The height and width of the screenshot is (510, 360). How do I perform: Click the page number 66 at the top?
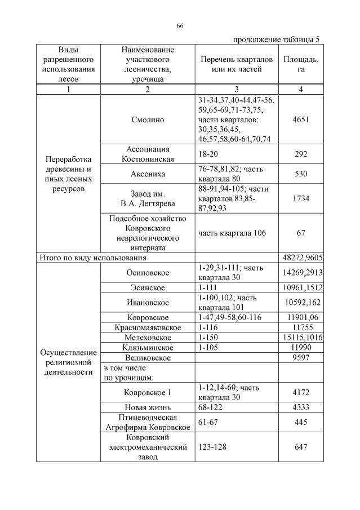pos(180,26)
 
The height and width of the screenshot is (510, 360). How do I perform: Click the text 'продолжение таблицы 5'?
pos(275,39)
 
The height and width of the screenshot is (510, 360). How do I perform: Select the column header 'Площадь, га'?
pos(301,64)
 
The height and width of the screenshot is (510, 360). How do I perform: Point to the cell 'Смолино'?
pos(148,119)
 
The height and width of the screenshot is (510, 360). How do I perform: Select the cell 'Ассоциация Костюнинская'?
pos(148,154)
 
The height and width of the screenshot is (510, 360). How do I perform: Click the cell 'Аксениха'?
pos(148,174)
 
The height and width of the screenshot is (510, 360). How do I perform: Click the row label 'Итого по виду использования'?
pos(92,258)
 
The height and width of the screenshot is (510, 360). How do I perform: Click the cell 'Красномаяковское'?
pos(148,327)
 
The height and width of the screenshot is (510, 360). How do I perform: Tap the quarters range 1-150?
pos(209,338)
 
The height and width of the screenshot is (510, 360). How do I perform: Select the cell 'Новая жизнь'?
pos(148,407)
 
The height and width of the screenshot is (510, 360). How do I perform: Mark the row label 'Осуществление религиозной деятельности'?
pos(69,362)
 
